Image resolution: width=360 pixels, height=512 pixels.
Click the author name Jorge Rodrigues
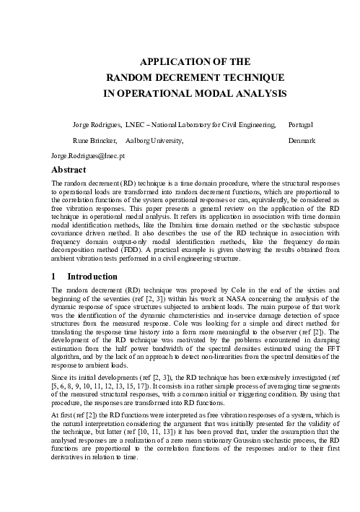97,125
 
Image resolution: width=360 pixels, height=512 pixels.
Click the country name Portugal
302,125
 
